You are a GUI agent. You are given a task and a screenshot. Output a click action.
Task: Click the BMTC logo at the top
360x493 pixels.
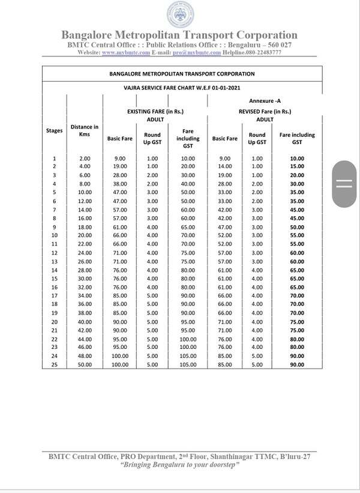(179, 14)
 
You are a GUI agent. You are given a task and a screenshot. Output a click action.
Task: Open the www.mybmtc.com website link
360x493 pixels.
(125, 53)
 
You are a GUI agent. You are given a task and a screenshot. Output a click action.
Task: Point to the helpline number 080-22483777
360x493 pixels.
(262, 53)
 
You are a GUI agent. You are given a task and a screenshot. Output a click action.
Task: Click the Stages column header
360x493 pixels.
(54, 130)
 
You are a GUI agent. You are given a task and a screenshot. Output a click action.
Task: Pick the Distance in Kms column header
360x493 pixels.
(85, 130)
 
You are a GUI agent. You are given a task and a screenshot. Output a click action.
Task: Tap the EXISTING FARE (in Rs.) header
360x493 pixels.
(155, 111)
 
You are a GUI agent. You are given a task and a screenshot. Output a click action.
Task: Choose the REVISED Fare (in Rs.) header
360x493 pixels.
(265, 111)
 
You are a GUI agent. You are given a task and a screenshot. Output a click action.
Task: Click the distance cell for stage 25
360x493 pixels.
(85, 364)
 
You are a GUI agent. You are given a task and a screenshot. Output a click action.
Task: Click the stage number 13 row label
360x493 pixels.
(54, 262)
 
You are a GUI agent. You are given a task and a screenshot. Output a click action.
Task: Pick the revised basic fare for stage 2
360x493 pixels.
(224, 166)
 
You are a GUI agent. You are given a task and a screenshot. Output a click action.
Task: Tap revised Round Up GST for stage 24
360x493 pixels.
(257, 355)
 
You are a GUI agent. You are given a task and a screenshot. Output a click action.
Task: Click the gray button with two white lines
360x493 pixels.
(344, 184)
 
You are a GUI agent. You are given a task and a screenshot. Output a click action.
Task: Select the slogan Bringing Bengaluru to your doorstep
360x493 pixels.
(179, 465)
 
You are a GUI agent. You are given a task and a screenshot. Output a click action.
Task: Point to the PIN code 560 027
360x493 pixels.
(274, 45)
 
